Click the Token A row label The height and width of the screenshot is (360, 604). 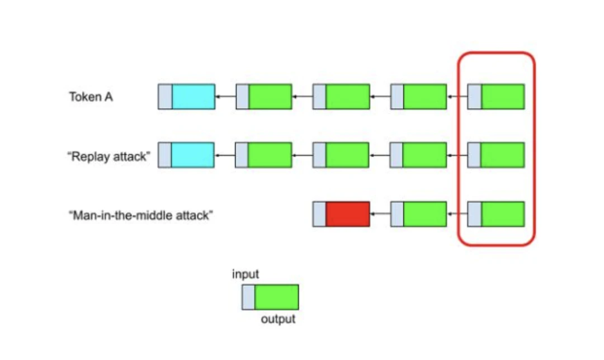[x=91, y=97]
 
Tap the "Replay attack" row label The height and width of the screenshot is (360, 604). [x=110, y=156]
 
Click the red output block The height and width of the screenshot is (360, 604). [x=347, y=214]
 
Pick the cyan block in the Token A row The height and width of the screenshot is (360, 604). [x=193, y=97]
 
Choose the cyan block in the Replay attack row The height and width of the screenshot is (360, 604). [x=193, y=155]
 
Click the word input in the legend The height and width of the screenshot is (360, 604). [x=246, y=274]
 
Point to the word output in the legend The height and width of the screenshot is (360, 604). [x=278, y=320]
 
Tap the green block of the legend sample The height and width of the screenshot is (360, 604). [x=276, y=297]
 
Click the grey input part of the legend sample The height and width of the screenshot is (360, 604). [x=248, y=297]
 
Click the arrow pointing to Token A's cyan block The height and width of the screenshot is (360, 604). [x=225, y=97]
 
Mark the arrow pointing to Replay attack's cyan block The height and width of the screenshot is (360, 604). [x=225, y=155]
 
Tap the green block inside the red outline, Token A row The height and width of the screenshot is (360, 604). [x=502, y=97]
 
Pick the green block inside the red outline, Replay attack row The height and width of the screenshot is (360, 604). [x=502, y=155]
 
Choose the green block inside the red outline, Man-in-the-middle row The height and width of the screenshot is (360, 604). [x=502, y=214]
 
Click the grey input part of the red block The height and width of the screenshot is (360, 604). [x=319, y=214]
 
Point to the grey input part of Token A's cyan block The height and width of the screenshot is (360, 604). [x=165, y=97]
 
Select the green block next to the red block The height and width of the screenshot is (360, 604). [x=425, y=214]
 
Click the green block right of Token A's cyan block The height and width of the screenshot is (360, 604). [x=270, y=97]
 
